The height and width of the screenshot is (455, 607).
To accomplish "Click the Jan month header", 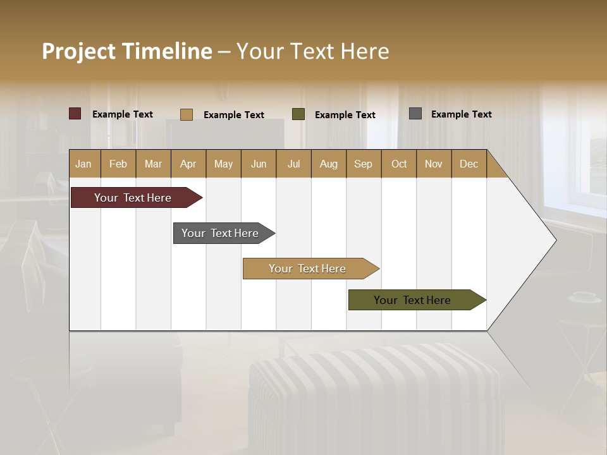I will [x=83, y=164].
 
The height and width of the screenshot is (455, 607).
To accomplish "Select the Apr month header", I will [x=188, y=164].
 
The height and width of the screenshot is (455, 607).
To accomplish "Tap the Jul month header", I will [x=293, y=164].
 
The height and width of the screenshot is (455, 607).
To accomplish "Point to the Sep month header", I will [x=363, y=164].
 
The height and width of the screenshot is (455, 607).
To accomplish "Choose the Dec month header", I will [x=469, y=164].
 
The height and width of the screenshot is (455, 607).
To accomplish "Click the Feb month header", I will [x=118, y=164].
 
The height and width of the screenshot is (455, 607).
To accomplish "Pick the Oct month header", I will [x=399, y=164].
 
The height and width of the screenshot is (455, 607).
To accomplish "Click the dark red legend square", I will [x=75, y=114].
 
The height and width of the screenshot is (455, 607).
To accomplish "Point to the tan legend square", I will [x=187, y=114].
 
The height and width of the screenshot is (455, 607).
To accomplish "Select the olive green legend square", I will [x=298, y=114].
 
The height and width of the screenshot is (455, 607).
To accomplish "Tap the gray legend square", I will [x=415, y=114].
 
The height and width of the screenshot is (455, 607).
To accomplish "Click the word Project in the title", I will [x=78, y=51].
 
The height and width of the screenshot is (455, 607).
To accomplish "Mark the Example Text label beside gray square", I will [x=461, y=114].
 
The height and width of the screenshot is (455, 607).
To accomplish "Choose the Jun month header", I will [x=259, y=164].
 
